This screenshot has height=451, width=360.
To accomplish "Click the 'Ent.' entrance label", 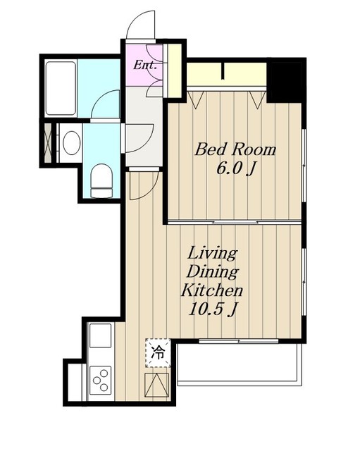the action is coord(145,66).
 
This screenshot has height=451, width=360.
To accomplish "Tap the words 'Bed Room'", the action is coord(235,150).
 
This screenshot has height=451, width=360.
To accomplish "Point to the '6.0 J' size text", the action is coord(236,169).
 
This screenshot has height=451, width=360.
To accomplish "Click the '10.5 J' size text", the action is coord(213,309).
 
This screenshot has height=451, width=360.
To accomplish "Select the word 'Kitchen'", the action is coord(212,290).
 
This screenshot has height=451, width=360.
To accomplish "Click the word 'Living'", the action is coord(212,254).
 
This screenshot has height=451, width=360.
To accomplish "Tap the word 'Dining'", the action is coord(213,272).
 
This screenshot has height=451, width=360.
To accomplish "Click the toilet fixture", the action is coord(101,181).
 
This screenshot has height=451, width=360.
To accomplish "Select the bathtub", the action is coord(61,88).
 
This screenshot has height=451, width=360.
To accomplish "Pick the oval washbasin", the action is coord(72,142).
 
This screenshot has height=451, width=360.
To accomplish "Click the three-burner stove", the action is coord(100,381).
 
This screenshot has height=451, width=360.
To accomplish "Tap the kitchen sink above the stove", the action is coord(100,335).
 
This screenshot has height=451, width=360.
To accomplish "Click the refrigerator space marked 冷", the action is coord(158,353).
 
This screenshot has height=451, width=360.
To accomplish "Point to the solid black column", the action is coord(284,82).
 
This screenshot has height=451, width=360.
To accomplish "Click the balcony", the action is coord(240,364).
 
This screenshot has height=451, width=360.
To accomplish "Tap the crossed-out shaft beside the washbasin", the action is coord(49,143).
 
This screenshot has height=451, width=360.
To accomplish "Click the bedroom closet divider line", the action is coord(223,71).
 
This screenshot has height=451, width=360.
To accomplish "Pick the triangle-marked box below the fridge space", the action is coord(156,385).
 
